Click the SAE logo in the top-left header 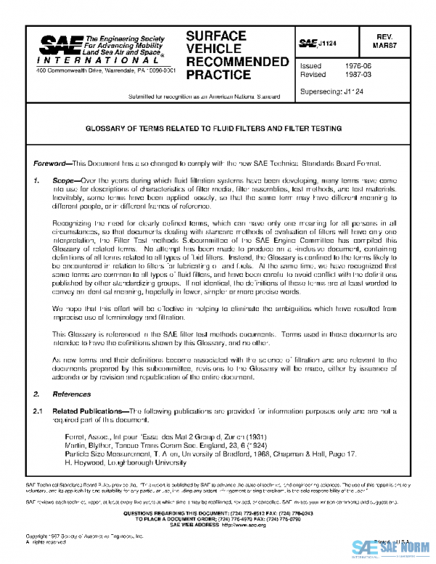(x=60, y=49)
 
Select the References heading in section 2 (x=70, y=394)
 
